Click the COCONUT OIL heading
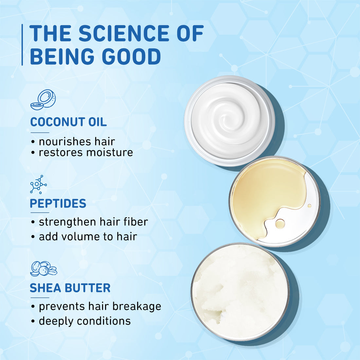coord(68,122)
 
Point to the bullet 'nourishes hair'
coord(77,142)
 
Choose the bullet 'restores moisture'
coord(86,153)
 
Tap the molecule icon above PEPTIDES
coord(38,184)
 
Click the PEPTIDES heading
coord(58,203)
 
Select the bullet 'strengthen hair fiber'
coord(93,222)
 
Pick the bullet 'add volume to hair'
coord(88,237)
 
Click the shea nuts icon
coord(43,269)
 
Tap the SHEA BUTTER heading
coord(70,288)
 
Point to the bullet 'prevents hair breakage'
coord(100,306)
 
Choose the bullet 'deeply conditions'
coord(84,321)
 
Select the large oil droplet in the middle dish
coord(280,224)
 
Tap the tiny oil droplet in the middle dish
coord(309,206)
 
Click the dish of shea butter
coord(240,292)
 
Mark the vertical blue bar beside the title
coord(22,45)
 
